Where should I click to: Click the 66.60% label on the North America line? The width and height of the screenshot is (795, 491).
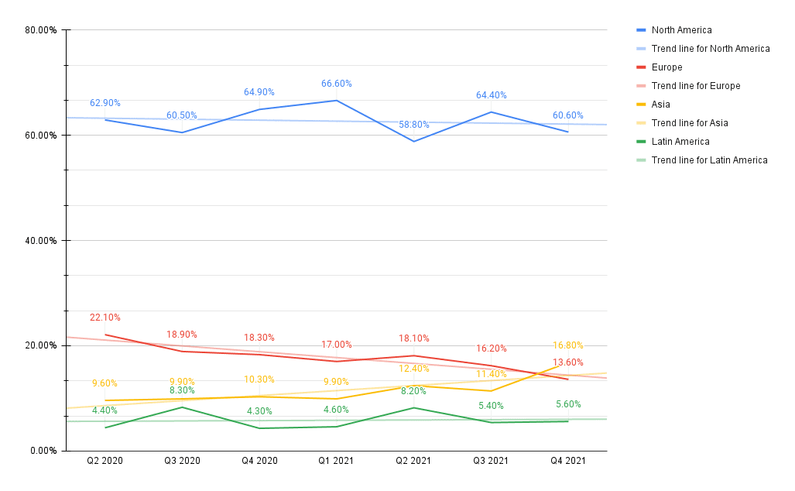[337, 84]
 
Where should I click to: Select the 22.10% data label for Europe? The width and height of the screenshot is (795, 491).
[105, 318]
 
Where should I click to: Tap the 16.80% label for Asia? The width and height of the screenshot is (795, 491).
[568, 345]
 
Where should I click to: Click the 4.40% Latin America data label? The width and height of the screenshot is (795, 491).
[105, 410]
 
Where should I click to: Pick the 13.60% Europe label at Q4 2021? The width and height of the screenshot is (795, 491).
[568, 362]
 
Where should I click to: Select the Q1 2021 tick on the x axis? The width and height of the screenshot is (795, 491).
[337, 460]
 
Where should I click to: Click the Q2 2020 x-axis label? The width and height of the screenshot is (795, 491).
[105, 460]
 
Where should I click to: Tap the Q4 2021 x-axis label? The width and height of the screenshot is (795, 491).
[568, 460]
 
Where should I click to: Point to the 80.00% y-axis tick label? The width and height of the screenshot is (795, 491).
[41, 30]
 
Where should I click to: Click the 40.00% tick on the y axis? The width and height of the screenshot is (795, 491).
[41, 241]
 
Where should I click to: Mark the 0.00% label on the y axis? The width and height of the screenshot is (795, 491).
[43, 451]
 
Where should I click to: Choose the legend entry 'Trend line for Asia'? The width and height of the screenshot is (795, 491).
[689, 123]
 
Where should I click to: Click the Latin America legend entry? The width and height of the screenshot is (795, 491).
[680, 142]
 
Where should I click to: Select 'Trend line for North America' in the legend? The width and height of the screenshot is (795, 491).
[710, 49]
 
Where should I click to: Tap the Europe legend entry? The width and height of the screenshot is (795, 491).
[666, 67]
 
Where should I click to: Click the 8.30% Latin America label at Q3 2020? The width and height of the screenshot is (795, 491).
[182, 390]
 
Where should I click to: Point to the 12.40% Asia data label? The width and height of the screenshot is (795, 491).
[414, 369]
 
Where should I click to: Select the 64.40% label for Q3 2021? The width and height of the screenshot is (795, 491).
[491, 95]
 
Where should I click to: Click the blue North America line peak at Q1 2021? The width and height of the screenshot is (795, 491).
[337, 101]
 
